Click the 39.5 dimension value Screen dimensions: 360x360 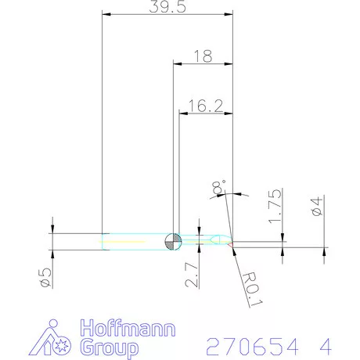(167, 7)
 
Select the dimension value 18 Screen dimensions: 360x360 (202, 56)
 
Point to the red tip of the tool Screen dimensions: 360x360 (231, 244)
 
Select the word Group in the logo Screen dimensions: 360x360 (109, 347)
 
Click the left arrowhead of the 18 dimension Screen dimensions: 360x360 (175, 63)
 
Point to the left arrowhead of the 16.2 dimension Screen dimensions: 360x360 (183, 113)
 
